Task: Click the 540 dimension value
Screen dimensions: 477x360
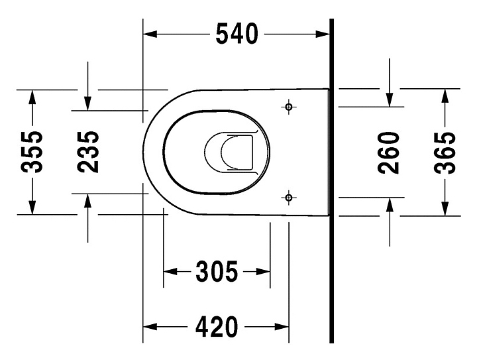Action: click(237, 34)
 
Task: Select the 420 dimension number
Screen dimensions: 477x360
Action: click(216, 327)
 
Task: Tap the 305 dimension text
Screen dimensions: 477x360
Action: click(216, 271)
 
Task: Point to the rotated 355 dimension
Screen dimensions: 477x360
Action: click(32, 152)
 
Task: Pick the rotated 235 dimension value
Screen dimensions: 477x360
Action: click(88, 152)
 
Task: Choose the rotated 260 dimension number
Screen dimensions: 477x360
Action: click(389, 152)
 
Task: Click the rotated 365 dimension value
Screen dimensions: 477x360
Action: click(445, 152)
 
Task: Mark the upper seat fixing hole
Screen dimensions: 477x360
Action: click(289, 107)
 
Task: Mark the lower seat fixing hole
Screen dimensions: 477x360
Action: click(289, 198)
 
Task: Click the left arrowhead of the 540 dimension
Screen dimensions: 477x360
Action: click(150, 34)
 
